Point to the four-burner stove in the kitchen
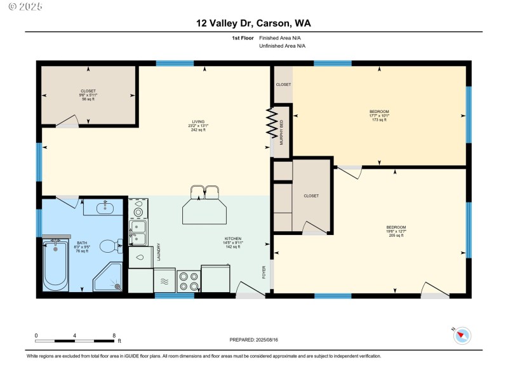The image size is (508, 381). (189, 279)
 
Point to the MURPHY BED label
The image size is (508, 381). (281, 133)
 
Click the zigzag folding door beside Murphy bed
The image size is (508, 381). (272, 123)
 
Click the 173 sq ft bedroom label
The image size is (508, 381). (378, 115)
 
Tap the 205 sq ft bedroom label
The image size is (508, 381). (396, 231)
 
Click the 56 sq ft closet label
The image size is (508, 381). (88, 95)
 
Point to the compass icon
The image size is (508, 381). (462, 335)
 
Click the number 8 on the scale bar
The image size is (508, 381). (114, 335)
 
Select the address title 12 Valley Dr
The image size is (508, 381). (253, 23)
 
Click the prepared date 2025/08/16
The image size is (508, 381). (253, 340)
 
